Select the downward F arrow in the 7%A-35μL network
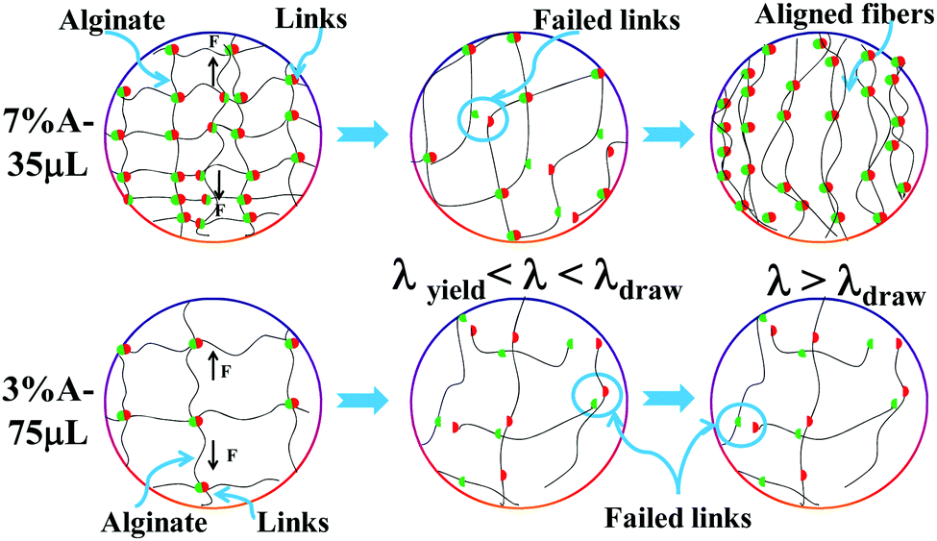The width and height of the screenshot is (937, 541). pyautogui.click(x=219, y=184)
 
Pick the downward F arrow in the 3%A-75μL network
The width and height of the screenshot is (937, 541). pyautogui.click(x=212, y=452)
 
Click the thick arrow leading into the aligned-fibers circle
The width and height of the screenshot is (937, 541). pyautogui.click(x=669, y=134)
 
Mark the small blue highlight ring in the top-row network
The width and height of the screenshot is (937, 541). pyautogui.click(x=481, y=119)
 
